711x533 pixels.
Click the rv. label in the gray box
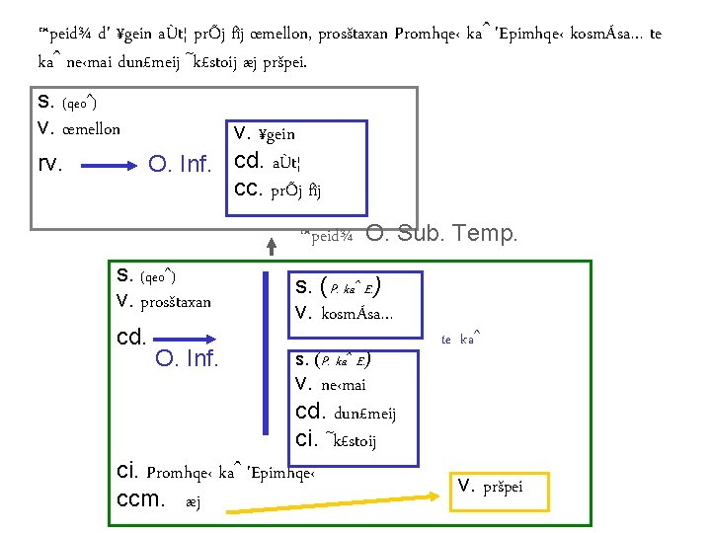[x=49, y=163]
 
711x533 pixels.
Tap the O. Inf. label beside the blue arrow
[x=179, y=163]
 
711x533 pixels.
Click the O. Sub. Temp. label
[x=441, y=234]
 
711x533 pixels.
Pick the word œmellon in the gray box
[x=91, y=129]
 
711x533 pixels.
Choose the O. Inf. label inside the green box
[x=187, y=357]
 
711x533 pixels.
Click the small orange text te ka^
[x=460, y=339]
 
